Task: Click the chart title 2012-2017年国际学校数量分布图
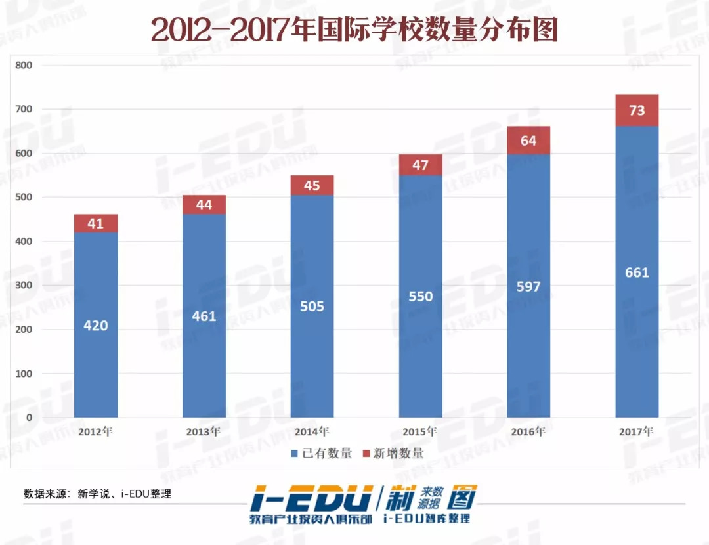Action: [x=354, y=30]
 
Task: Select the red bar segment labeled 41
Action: [x=96, y=223]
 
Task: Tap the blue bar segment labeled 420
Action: [x=96, y=325]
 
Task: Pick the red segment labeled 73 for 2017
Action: [x=637, y=110]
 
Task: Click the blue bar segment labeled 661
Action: [x=637, y=271]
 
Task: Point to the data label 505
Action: [x=312, y=306]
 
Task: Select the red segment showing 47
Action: [x=420, y=165]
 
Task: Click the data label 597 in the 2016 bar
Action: [x=528, y=286]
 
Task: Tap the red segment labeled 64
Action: [x=528, y=141]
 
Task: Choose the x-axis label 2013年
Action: [x=204, y=432]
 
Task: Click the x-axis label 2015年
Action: [x=420, y=432]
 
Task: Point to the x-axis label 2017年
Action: [x=637, y=432]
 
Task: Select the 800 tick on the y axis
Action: [x=24, y=66]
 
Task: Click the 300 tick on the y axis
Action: [x=24, y=286]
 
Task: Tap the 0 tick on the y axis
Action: [x=28, y=418]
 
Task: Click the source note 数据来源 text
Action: [x=97, y=494]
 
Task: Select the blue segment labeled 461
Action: [x=204, y=316]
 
